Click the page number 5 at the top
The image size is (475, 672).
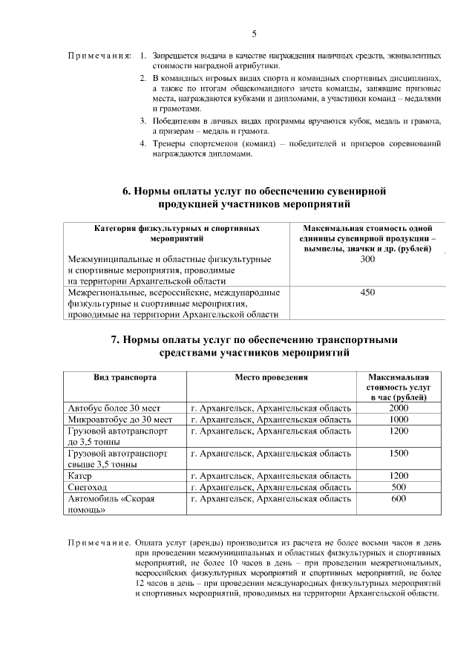(254, 34)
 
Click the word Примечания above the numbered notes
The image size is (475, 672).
(99, 56)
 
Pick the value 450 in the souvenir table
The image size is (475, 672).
(367, 293)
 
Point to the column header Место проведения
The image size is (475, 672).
(271, 377)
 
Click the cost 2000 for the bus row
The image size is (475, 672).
(399, 408)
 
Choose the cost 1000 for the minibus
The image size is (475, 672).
(399, 420)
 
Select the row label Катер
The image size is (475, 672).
(79, 475)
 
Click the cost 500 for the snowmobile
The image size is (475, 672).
(399, 487)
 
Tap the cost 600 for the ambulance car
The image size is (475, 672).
(399, 499)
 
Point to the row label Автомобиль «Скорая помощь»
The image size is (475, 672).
(111, 504)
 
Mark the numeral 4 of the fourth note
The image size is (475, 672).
(143, 143)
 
